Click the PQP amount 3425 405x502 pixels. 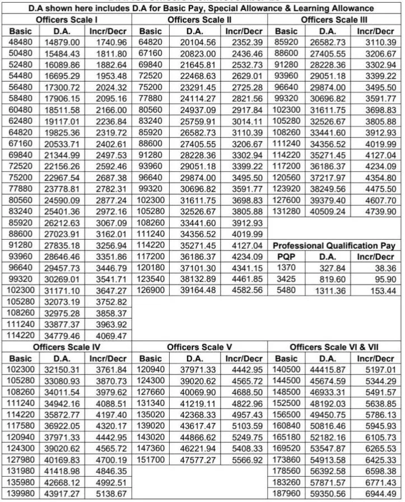[x=286, y=279]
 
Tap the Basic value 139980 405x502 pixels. [x=22, y=494]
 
